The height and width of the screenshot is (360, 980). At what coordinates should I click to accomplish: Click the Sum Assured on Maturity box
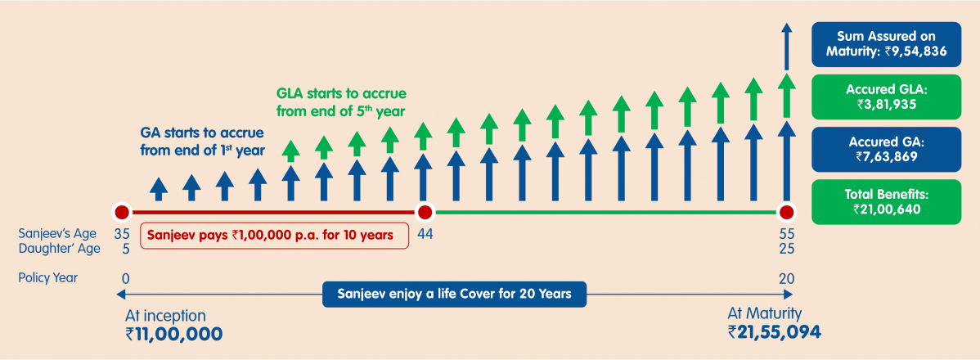coord(886,44)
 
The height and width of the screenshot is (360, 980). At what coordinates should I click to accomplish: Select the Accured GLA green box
coord(886,97)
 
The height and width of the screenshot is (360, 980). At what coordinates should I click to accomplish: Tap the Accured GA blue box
coord(886,150)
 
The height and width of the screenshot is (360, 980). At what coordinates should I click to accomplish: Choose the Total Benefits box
coord(886,202)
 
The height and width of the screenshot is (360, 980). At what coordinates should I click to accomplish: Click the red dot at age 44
coord(425,213)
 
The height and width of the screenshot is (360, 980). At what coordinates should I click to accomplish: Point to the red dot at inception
coord(122,213)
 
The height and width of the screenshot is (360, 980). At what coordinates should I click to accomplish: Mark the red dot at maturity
coord(786,213)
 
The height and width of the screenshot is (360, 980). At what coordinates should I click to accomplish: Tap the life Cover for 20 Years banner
coord(454,294)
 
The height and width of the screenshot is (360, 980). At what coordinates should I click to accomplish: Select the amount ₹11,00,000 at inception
coord(174,333)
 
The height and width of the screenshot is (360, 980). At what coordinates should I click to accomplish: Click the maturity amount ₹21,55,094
coord(775,332)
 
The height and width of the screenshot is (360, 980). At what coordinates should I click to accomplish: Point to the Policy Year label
coord(48,278)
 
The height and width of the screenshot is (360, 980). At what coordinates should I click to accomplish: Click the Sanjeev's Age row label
coord(57,234)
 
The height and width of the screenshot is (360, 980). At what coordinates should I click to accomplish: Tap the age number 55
coord(786,234)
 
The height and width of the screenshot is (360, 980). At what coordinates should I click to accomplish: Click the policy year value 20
coord(786,278)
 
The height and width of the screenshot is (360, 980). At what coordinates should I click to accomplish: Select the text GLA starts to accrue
coord(341,94)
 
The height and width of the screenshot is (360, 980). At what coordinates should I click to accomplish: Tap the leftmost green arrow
coord(290,150)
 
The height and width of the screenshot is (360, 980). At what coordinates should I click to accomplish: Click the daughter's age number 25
coord(786,248)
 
